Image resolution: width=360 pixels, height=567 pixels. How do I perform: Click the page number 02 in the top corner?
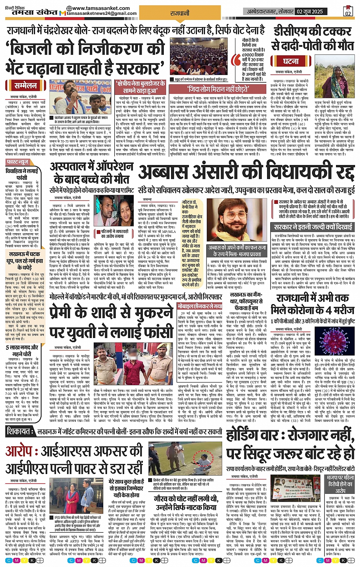click(x=348, y=11)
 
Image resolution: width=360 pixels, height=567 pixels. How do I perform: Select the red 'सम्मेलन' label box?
click(x=26, y=86)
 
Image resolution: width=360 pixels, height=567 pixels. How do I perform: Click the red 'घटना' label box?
click(x=291, y=61)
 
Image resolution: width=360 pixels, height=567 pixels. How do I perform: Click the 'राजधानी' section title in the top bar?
click(x=180, y=13)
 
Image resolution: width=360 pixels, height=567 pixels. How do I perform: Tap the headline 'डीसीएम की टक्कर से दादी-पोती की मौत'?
click(x=312, y=38)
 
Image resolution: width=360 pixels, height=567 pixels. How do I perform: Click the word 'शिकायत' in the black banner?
click(x=19, y=431)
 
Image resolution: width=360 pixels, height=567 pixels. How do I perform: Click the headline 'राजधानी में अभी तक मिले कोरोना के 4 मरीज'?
click(x=312, y=304)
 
